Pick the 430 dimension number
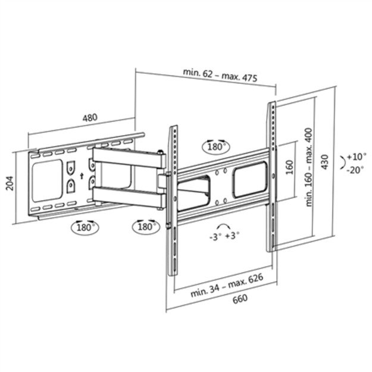(325, 160)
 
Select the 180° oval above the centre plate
(215, 146)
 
